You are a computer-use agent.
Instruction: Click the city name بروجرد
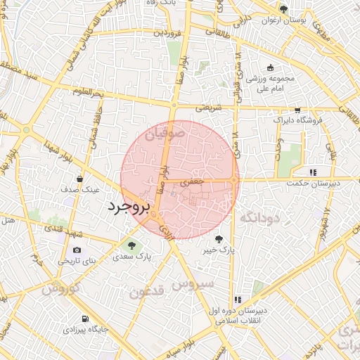tap(129, 207)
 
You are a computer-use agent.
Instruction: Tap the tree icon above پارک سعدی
tap(131, 245)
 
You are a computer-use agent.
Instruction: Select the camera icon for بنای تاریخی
tap(77, 250)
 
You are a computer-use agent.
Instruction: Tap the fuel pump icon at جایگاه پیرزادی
tap(85, 318)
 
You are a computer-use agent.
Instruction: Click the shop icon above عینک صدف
tap(79, 178)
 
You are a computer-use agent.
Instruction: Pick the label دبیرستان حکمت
tap(312, 183)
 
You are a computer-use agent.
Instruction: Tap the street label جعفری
tap(192, 181)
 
